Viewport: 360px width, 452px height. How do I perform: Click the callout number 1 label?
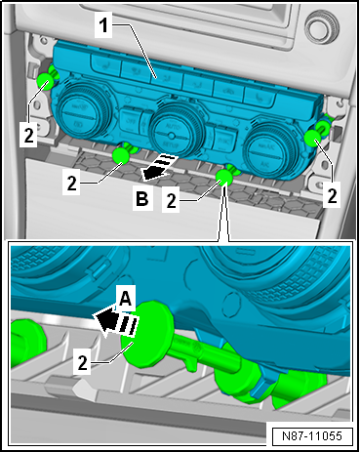103,25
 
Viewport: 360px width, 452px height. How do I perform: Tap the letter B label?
142,198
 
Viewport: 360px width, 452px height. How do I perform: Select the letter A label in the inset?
126,298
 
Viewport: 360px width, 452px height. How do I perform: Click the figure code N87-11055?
312,436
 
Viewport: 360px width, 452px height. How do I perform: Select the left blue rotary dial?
79,109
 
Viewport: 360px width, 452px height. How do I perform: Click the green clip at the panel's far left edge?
45,81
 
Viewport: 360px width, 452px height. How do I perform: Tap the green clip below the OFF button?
121,155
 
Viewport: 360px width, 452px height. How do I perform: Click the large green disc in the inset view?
147,334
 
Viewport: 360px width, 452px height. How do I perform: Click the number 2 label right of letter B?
171,200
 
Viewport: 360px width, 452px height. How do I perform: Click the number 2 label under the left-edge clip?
28,134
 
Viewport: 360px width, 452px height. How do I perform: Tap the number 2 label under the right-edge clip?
332,194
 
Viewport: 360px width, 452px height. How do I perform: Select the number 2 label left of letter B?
71,183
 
